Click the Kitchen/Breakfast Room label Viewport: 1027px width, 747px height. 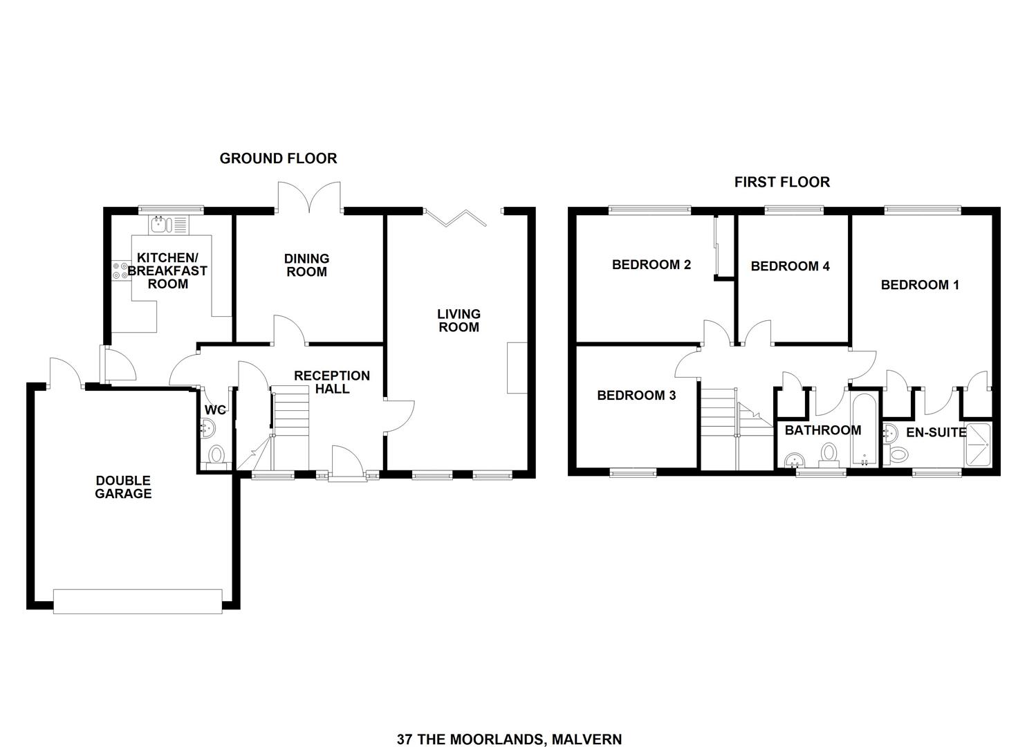pos(167,270)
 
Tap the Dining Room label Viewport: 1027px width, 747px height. pos(306,265)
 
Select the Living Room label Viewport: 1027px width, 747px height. pos(459,320)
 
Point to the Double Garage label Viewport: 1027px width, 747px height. pos(123,487)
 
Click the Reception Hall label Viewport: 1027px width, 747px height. pos(332,382)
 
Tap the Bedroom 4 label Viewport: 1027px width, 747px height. pos(790,266)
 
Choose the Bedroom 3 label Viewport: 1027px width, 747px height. pos(636,396)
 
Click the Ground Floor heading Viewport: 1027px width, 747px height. pos(278,158)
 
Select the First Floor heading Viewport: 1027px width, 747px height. pos(781,182)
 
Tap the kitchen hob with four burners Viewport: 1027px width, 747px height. pos(119,270)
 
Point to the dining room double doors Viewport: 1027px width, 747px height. pos(308,196)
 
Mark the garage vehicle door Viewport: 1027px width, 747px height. pos(138,601)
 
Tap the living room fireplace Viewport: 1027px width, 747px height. pos(516,367)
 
